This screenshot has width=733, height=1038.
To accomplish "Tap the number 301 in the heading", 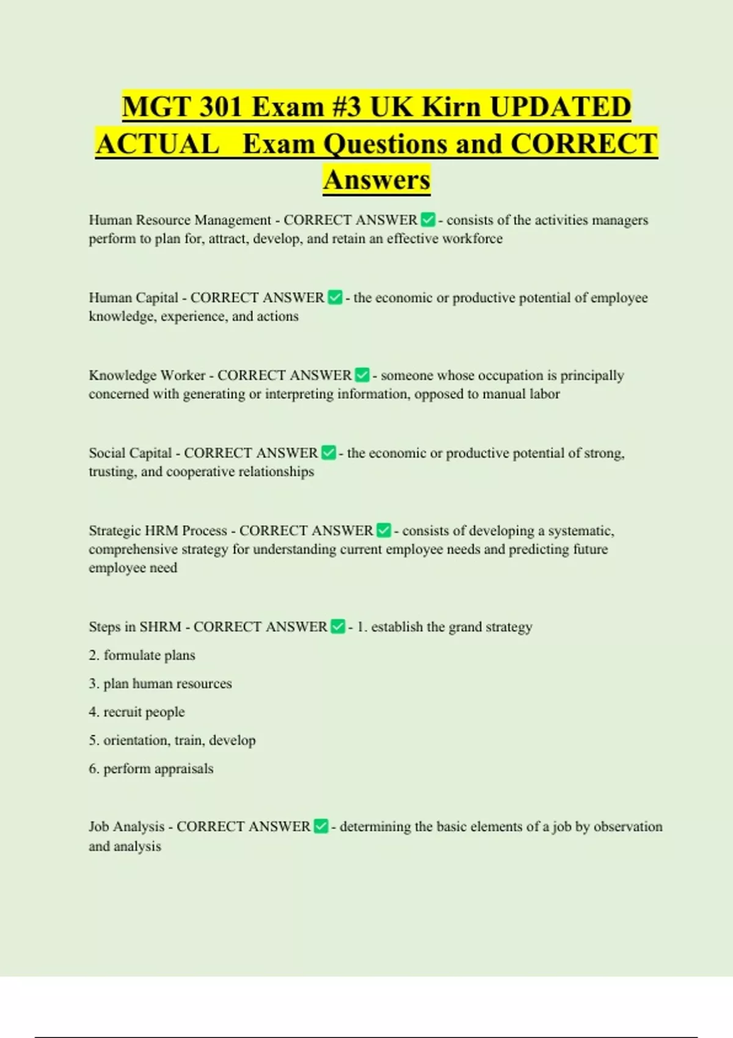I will (x=213, y=107).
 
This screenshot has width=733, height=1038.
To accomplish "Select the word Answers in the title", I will (x=377, y=180).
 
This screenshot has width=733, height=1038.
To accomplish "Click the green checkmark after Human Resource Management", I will (x=428, y=220).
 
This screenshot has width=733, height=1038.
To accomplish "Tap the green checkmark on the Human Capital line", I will (x=335, y=297).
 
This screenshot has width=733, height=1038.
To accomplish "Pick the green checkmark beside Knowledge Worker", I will (x=362, y=375).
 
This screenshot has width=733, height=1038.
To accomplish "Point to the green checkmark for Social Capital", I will (x=329, y=452).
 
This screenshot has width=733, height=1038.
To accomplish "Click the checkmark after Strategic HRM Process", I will (x=384, y=530).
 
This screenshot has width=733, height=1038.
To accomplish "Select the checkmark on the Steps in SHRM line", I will (x=338, y=626).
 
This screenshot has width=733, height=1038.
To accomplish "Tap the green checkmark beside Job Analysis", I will (x=321, y=826).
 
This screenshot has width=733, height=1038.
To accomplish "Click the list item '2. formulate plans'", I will (x=142, y=655).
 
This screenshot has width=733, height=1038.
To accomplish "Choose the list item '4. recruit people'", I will (x=137, y=712).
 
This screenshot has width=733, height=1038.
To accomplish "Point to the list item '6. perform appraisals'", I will (x=151, y=769).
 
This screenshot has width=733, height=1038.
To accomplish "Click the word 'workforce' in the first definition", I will (x=472, y=239).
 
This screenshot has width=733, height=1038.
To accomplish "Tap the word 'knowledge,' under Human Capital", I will (x=121, y=316).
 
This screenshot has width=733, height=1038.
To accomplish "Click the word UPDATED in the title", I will (x=560, y=107).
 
